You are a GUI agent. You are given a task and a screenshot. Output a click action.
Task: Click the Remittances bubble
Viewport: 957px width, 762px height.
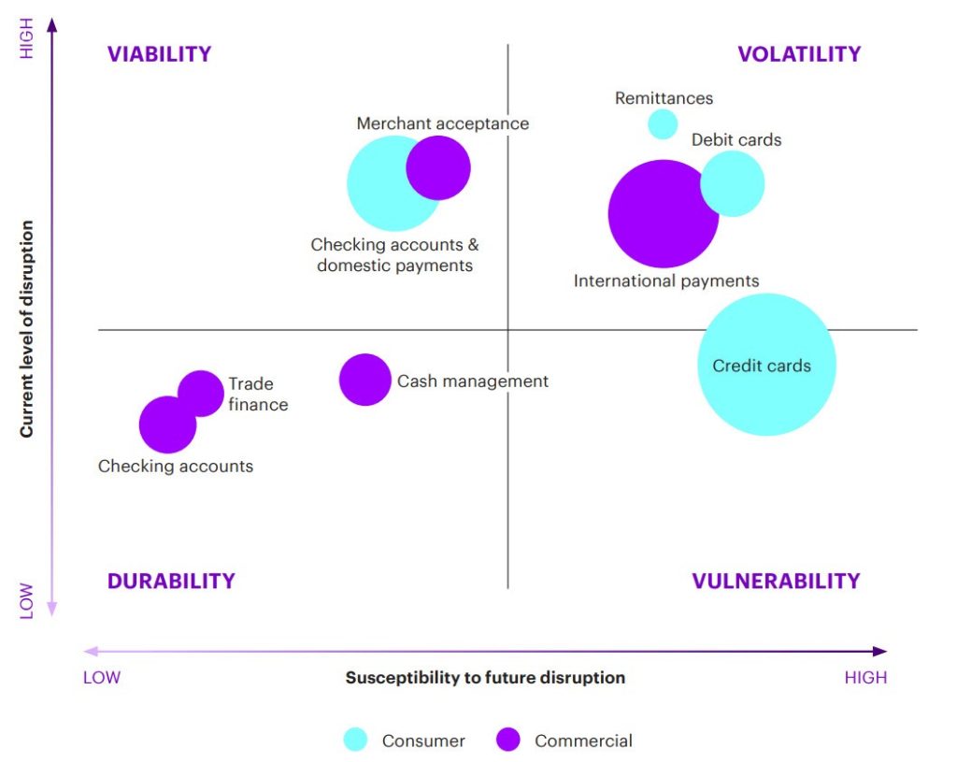point(663,123)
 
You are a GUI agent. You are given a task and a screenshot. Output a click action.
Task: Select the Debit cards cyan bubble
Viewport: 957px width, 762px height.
point(734,183)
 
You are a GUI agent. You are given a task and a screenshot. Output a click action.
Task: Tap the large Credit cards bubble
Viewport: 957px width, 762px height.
point(767,365)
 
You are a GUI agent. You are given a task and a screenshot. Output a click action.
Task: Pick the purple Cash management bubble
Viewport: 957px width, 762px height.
point(364,380)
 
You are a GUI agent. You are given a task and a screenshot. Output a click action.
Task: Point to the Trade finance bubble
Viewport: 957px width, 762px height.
point(201,393)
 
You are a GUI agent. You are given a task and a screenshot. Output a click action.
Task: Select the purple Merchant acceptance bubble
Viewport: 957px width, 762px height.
point(438,168)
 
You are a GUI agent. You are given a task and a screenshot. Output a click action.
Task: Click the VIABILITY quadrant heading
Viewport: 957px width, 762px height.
point(160,54)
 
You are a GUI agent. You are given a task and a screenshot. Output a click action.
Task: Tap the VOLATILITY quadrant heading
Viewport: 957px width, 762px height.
point(799,54)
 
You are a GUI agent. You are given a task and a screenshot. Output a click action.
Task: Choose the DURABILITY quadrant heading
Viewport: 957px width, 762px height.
point(171,581)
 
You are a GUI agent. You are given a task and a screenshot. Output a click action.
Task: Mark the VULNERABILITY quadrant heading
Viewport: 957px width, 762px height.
point(776,581)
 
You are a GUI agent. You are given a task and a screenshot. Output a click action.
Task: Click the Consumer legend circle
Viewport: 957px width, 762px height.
point(356,740)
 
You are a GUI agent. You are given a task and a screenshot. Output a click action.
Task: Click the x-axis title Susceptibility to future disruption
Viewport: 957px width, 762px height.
point(485,677)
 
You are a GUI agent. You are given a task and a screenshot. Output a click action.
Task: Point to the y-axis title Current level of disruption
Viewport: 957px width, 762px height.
point(27,329)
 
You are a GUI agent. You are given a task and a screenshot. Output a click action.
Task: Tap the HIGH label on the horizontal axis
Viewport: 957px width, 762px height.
point(865,677)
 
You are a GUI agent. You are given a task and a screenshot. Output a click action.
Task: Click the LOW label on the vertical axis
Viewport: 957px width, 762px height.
point(26,600)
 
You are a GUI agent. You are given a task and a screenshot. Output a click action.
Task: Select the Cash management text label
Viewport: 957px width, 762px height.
point(473,381)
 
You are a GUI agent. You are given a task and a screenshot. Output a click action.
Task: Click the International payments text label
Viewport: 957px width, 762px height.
point(666,280)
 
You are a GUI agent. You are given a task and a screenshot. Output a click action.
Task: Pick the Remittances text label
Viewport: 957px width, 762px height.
point(664,98)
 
